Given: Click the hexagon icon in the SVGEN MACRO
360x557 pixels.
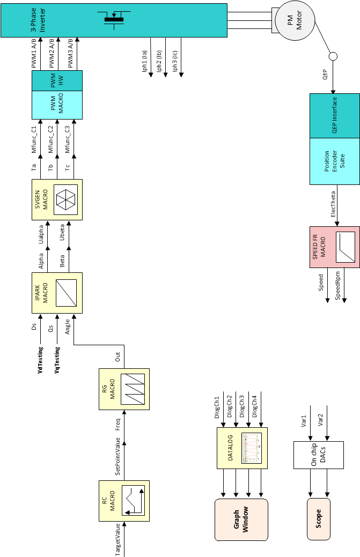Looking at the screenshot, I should pyautogui.click(x=66, y=200).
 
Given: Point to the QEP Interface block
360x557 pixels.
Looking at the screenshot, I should pyautogui.click(x=334, y=115).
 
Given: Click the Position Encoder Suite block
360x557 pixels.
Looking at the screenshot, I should pyautogui.click(x=334, y=161).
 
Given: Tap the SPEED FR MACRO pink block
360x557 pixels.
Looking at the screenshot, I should pyautogui.click(x=334, y=247).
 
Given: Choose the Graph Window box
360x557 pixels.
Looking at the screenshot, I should pyautogui.click(x=241, y=519).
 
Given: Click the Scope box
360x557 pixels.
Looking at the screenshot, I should pyautogui.click(x=319, y=519).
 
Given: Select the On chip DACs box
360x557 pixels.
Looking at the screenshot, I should pyautogui.click(x=319, y=455).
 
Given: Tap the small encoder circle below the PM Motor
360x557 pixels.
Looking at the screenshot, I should pyautogui.click(x=333, y=56).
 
